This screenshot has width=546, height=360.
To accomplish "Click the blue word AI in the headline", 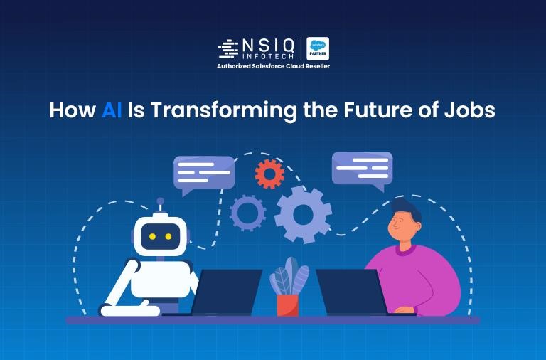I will [x=112, y=111].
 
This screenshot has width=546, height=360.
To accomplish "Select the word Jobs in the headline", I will [x=471, y=111].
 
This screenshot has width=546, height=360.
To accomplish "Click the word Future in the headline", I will [x=380, y=111].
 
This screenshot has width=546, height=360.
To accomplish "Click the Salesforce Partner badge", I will [x=317, y=48].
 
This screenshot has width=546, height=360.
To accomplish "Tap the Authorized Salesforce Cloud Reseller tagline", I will [x=273, y=66].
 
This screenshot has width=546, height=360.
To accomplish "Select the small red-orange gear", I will [x=269, y=173].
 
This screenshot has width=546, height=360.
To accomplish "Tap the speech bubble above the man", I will [x=362, y=168].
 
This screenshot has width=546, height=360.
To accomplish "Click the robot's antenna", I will [x=161, y=203].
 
